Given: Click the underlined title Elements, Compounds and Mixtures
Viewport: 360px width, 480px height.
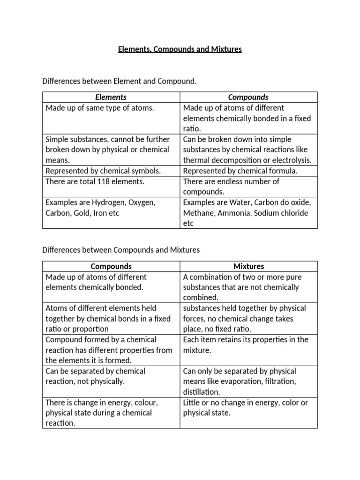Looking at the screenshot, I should pos(180,49).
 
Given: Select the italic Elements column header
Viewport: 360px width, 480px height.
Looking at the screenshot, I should pos(111,97).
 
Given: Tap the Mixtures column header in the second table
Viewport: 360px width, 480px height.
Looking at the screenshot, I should pos(248,266).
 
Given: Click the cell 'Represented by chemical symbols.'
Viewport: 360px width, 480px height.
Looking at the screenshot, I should pos(103,171).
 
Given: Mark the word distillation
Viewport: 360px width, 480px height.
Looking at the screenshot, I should pos(201,392).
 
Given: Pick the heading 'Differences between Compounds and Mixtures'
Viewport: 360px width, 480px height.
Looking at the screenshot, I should pos(121,250).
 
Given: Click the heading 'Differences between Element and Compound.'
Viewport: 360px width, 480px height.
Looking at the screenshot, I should pos(120,81).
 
